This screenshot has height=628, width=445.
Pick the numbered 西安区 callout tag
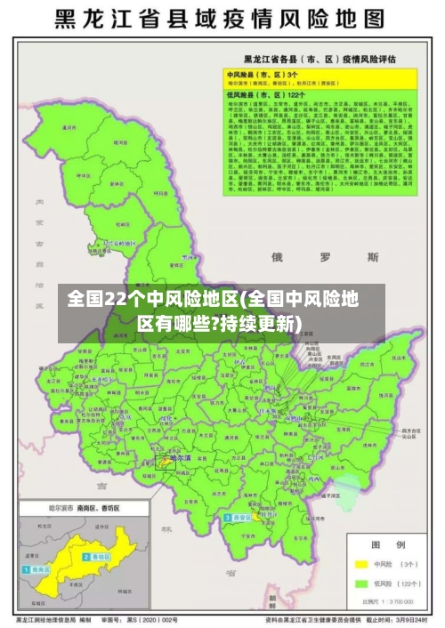pos(241,517)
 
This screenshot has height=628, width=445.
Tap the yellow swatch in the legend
pos(361,564)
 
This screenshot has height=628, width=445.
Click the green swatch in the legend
pos(361,584)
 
